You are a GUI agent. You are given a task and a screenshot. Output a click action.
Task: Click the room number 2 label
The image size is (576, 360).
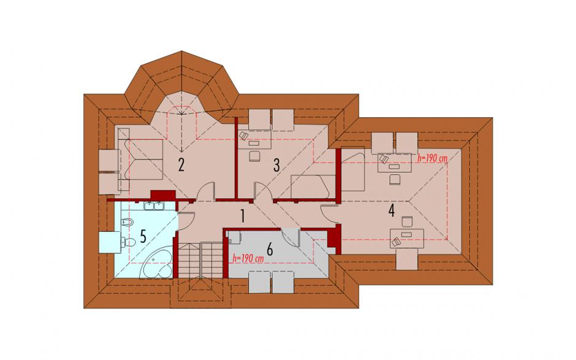click(181, 166)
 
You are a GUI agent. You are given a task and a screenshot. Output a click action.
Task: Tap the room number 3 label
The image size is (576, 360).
click(276, 166)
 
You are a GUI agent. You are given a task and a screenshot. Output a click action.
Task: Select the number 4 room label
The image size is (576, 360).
click(392, 211)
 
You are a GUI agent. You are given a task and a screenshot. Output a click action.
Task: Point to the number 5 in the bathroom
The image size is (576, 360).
click(143, 236)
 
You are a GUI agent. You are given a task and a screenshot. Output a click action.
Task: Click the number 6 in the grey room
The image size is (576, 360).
click(270, 250)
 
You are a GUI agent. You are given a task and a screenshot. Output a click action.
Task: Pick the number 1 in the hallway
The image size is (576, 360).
click(242, 216)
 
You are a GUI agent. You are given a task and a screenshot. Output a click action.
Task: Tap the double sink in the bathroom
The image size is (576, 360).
click(154, 206)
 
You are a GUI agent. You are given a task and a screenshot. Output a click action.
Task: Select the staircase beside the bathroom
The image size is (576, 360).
click(201, 260)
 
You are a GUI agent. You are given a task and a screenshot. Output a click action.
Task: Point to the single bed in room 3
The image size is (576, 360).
click(313, 187)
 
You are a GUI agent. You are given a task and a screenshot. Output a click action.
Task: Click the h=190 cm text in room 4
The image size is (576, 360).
click(433, 158)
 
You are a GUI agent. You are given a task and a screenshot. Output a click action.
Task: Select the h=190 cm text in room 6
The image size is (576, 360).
click(248, 259)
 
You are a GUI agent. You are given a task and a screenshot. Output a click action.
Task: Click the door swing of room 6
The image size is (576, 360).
click(291, 239)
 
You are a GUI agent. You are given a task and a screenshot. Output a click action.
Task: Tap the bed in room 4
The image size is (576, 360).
click(353, 169)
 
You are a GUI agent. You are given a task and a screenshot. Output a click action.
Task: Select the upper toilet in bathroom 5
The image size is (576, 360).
click(126, 222)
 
